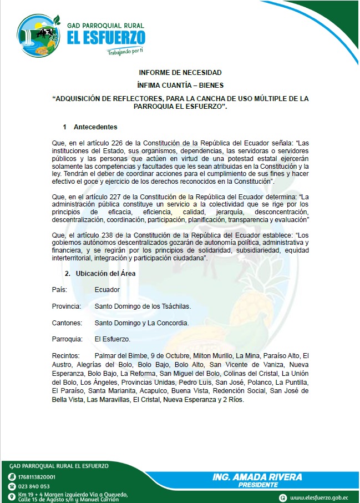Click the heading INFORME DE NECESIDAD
(180, 73)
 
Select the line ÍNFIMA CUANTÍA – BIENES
(180, 85)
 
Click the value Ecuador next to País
(107, 290)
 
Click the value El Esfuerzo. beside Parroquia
(113, 339)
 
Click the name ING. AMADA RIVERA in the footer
(257, 477)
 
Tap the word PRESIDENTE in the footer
(258, 485)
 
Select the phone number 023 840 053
(34, 486)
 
